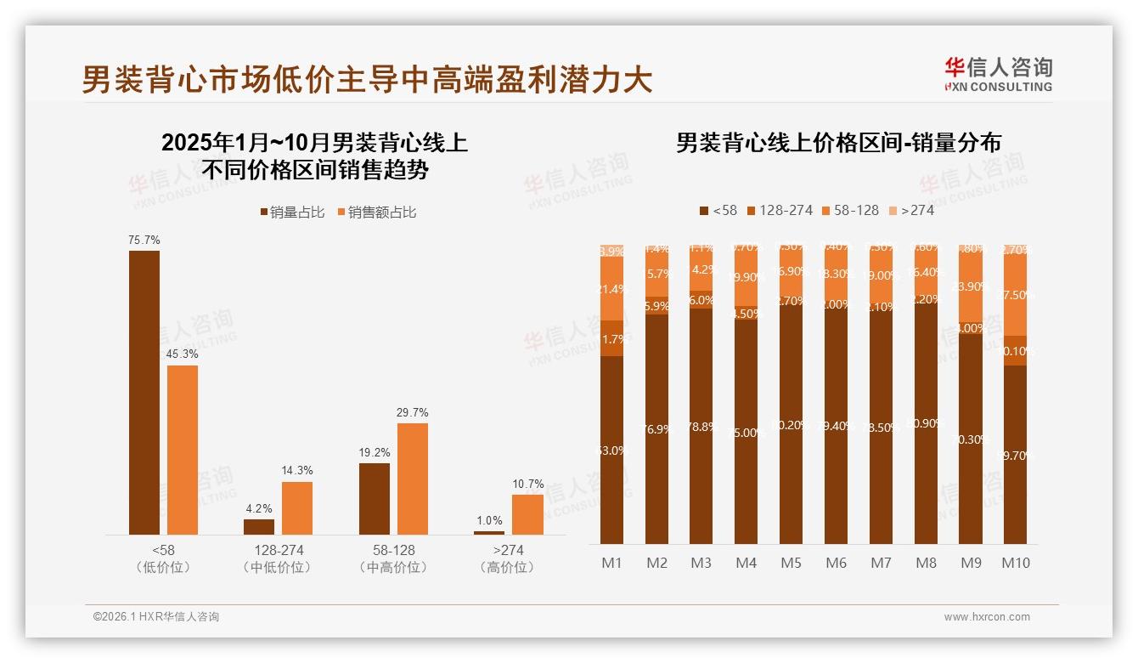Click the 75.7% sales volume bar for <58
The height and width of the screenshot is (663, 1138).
(144, 392)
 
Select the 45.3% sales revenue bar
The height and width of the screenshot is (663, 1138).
(183, 450)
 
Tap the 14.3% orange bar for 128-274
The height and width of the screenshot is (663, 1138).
(297, 507)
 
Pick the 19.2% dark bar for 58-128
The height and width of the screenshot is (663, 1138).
(375, 498)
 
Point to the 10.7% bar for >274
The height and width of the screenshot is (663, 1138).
(527, 514)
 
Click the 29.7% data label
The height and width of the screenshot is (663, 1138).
(412, 412)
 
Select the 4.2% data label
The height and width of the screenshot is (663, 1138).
(259, 508)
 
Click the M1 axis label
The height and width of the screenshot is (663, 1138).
(611, 563)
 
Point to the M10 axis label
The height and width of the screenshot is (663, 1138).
(1015, 563)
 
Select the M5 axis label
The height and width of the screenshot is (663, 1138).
(791, 563)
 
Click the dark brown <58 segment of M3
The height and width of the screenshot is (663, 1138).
(701, 426)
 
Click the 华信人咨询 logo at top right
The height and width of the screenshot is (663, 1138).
(998, 74)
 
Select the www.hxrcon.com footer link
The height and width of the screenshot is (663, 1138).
(986, 617)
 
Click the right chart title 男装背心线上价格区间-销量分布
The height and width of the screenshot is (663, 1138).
(838, 142)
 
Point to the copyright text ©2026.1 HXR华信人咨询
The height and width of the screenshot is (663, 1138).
(155, 617)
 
